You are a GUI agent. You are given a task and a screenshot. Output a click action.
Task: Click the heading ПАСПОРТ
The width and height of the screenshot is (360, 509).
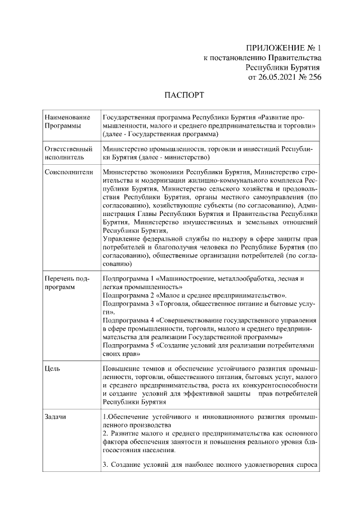click(184, 94)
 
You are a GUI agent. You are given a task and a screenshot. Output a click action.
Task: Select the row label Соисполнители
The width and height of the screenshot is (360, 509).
click(69, 172)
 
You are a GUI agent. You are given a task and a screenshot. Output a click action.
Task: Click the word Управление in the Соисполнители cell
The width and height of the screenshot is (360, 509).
click(123, 239)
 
